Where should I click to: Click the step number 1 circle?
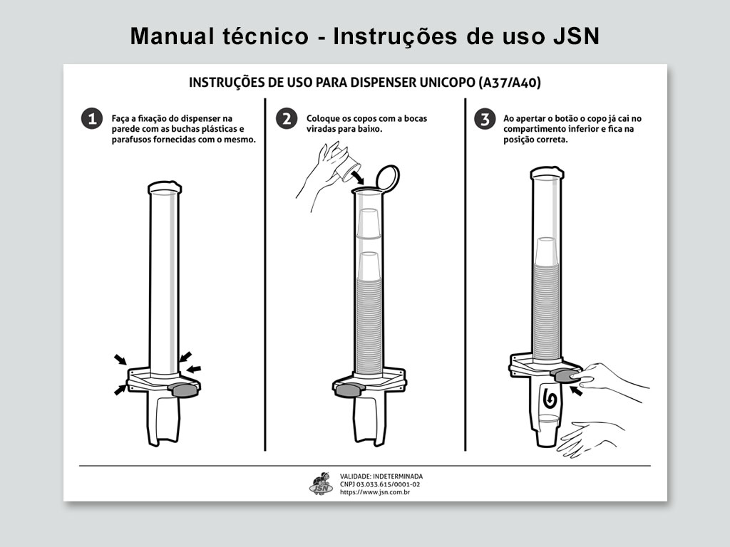tap(92, 119)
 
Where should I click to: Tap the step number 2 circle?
tap(287, 119)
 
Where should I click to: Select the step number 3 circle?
tap(485, 119)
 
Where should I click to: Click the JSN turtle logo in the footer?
tap(322, 484)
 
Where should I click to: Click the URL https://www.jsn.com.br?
tap(375, 492)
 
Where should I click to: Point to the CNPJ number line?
tap(380, 484)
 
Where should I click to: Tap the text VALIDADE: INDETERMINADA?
tap(381, 476)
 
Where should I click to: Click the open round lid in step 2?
tap(387, 177)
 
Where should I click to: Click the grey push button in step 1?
tap(185, 390)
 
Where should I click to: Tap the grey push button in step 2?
tap(348, 390)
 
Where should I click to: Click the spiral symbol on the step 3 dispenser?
tap(550, 400)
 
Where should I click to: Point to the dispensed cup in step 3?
tap(547, 432)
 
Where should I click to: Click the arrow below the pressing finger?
tap(577, 391)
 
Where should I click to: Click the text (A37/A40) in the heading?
tap(510, 83)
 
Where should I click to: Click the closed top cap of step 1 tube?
tap(165, 187)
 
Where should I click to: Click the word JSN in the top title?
tap(576, 36)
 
